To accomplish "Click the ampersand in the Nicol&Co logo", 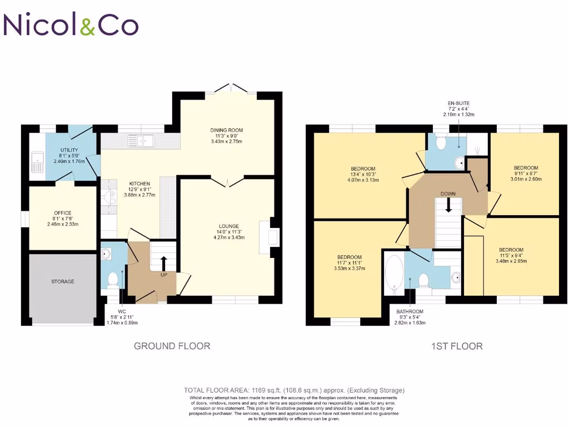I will click(88, 25).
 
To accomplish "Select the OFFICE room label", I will click(62, 213).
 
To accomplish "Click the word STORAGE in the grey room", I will click(62, 282).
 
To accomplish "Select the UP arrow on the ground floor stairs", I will click(163, 262).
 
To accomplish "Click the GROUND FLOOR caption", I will click(172, 346).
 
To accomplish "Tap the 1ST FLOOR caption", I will click(457, 346).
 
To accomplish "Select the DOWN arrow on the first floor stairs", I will click(448, 205).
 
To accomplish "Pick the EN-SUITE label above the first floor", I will click(458, 103).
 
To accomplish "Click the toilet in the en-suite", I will click(442, 143).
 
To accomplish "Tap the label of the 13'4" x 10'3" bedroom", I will click(363, 168).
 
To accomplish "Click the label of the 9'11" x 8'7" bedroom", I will click(525, 168).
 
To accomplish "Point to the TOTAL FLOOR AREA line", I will click(294, 390).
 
